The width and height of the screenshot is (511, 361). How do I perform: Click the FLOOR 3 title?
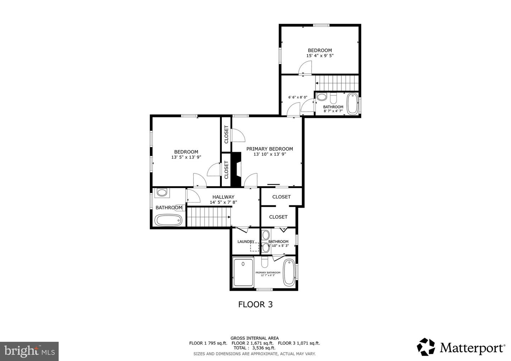pos(255,304)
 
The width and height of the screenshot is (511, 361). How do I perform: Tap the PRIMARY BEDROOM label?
pos(270,149)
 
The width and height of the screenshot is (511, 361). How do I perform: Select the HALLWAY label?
pos(223,197)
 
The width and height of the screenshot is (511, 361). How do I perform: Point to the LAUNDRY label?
pos(246,241)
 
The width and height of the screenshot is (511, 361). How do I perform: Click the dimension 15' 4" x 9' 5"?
pos(320,56)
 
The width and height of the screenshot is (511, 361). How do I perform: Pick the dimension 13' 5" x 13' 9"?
pos(186,157)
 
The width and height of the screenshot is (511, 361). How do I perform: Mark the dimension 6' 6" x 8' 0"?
pos(297,97)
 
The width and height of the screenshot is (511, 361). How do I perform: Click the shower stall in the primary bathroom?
pos(243,272)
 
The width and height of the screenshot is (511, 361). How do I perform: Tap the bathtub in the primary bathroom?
pos(289,272)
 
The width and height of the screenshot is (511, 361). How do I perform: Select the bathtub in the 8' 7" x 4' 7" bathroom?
pos(352,104)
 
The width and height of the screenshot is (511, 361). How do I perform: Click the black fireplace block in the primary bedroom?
pos(236,169)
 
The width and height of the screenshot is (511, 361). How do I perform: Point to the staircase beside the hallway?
pos(209,217)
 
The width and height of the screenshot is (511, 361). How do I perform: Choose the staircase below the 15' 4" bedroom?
pos(337,83)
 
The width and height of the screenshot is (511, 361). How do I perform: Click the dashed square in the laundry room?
pos(254,246)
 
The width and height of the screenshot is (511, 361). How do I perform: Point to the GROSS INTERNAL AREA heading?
pos(254,338)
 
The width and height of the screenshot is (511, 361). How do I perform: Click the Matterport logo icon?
pos(426,346)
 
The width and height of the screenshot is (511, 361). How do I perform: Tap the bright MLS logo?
pos(29,351)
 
